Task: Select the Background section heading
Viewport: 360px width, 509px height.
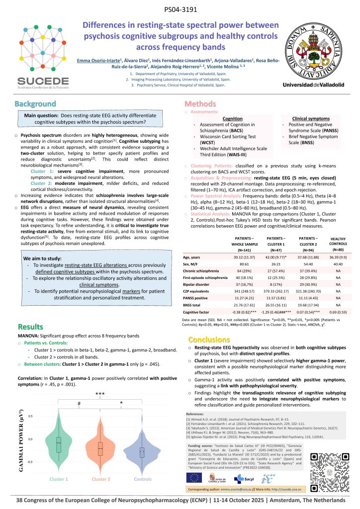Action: point(35,104)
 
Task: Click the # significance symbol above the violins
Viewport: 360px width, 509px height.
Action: point(79,404)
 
